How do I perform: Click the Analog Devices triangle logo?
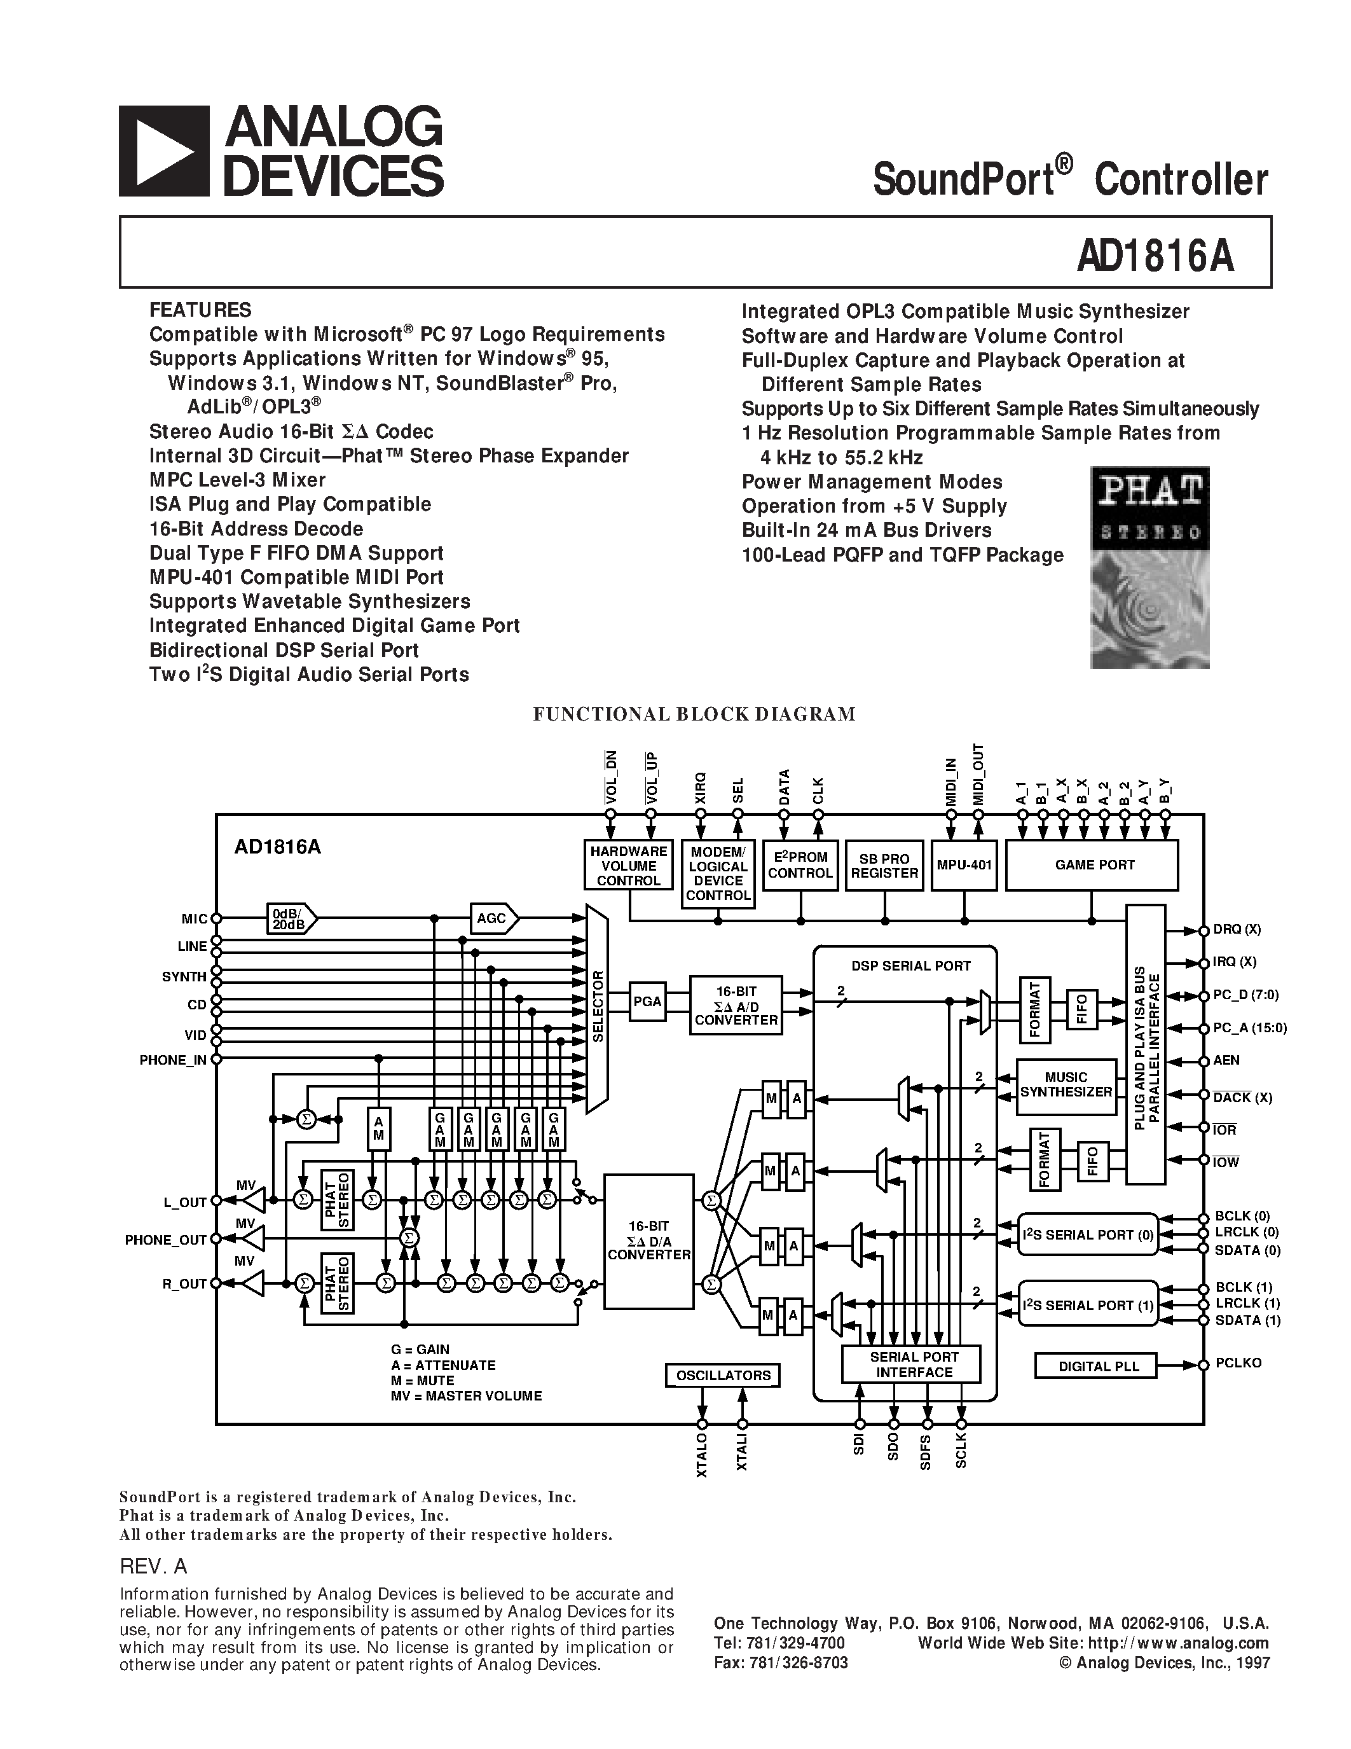(164, 151)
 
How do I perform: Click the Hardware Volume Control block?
(628, 866)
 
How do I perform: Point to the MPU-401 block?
(964, 865)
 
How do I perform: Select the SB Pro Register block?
(884, 865)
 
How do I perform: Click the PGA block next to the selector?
(647, 1001)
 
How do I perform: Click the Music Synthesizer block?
(1066, 1085)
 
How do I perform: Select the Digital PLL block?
(1097, 1366)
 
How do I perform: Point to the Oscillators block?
(723, 1375)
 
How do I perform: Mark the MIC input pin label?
(194, 920)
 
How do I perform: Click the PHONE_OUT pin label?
(166, 1240)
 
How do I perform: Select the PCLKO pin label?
(1238, 1363)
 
